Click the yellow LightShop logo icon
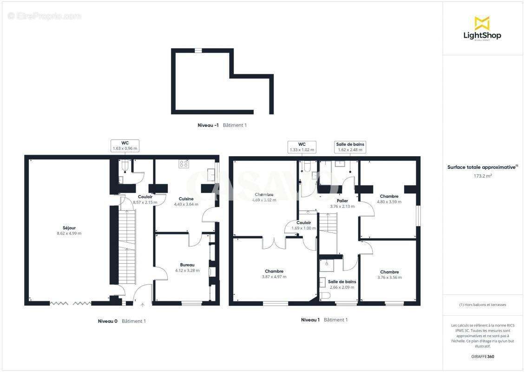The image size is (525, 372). click(x=482, y=23)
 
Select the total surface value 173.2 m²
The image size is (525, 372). click(x=483, y=176)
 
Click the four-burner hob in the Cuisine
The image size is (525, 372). click(x=184, y=164)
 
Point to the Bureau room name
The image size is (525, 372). click(x=187, y=265)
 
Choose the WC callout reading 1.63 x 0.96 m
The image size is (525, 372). click(x=125, y=146)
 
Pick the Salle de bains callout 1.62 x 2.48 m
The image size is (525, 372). click(x=350, y=147)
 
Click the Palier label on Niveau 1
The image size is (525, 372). click(x=342, y=201)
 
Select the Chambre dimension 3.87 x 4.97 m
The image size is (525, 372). click(x=274, y=277)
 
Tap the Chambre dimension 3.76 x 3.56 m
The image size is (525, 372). click(x=389, y=278)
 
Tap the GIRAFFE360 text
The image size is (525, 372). click(x=483, y=357)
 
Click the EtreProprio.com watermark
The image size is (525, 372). click(x=45, y=16)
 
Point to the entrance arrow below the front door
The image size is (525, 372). click(x=142, y=305)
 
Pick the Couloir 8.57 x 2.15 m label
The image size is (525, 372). click(x=145, y=199)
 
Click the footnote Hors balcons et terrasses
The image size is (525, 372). click(x=483, y=305)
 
